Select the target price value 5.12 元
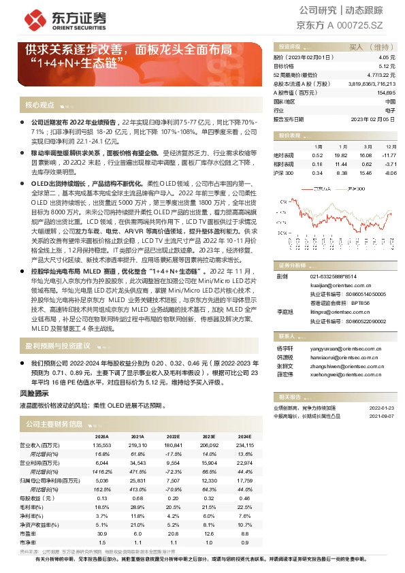[388, 67]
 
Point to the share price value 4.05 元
[388, 59]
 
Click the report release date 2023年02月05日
[373, 118]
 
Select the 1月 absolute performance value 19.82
[341, 154]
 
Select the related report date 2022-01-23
[383, 407]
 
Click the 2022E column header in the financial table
[173, 436]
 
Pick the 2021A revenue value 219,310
[137, 444]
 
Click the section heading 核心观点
[39, 105]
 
